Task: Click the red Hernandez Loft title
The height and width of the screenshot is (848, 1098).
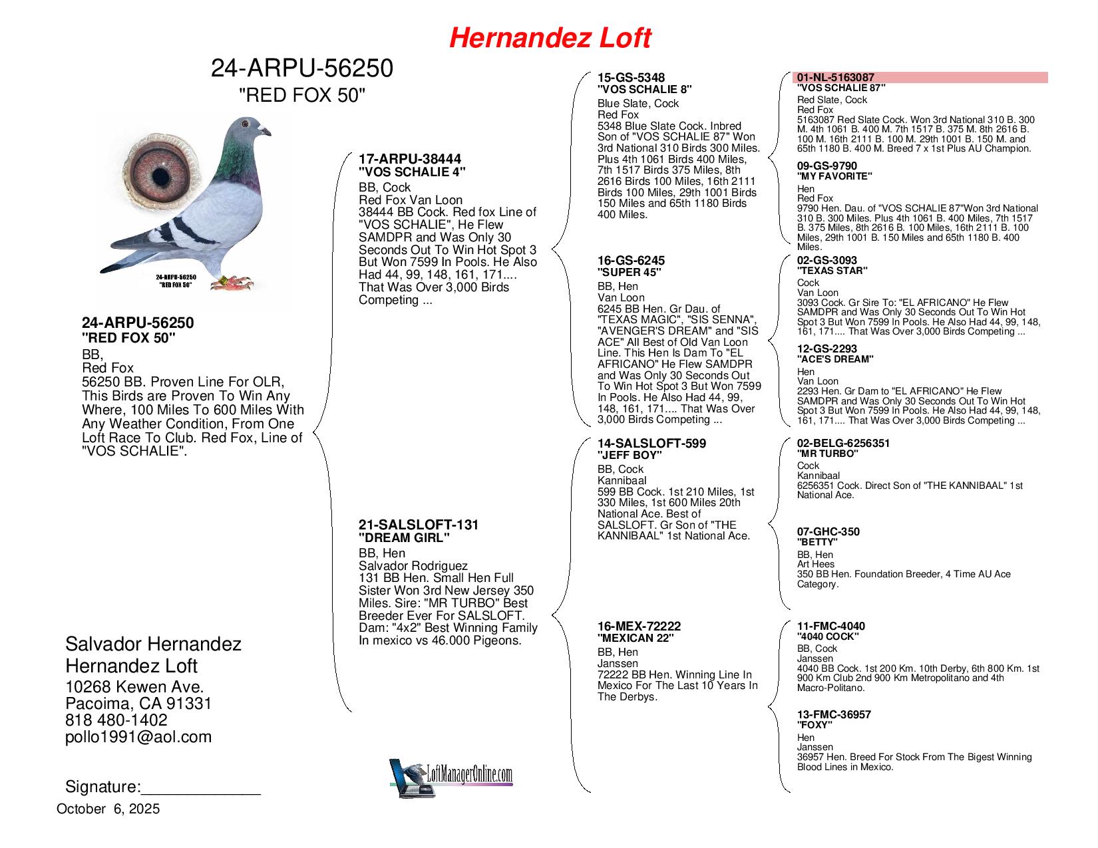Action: (x=550, y=38)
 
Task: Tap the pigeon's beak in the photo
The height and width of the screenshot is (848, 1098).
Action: (x=268, y=131)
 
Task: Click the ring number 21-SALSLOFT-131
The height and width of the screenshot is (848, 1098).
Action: (x=418, y=525)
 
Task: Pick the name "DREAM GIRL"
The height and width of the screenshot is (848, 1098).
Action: (x=404, y=537)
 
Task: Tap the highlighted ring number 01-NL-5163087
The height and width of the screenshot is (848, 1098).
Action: (x=836, y=78)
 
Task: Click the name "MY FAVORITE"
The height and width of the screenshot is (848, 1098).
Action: (x=835, y=177)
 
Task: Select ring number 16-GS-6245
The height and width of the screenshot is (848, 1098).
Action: (x=631, y=261)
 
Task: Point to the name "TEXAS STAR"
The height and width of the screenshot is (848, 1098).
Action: (x=832, y=271)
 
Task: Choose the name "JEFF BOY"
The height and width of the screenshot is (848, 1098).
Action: (x=630, y=456)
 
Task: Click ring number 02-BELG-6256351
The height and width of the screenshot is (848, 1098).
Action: (x=843, y=444)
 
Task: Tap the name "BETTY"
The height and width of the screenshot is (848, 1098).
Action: (x=817, y=542)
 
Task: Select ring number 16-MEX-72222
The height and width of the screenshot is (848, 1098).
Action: (x=639, y=627)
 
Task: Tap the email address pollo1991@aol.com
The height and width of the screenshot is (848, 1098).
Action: (x=138, y=737)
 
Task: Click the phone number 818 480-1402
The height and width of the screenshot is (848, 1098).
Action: (x=116, y=720)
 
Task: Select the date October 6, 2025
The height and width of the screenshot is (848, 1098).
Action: (x=108, y=809)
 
